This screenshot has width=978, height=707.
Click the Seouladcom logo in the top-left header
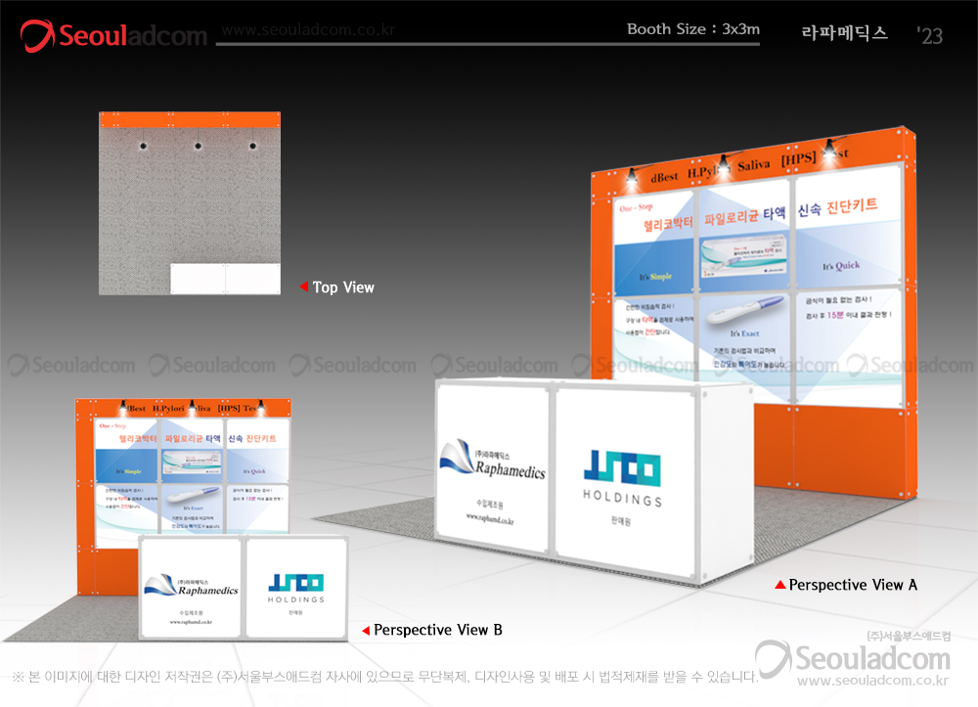(x=114, y=36)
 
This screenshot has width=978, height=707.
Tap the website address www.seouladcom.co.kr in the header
(x=307, y=30)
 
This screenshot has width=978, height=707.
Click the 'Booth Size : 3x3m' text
(x=693, y=29)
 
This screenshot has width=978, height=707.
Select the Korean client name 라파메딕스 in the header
(x=844, y=32)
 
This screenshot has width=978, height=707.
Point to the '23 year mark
(x=930, y=36)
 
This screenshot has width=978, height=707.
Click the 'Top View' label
(x=343, y=287)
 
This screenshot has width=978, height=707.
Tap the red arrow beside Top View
(x=304, y=287)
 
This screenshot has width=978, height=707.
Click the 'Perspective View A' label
(x=853, y=585)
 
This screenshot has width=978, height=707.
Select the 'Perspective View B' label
(x=438, y=631)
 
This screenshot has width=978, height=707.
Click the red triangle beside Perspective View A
(x=779, y=585)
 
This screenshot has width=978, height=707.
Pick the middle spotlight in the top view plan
(x=198, y=147)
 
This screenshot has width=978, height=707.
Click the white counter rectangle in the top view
(x=225, y=279)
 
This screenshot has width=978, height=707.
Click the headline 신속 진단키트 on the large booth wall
(x=837, y=207)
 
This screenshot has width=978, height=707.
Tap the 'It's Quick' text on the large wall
(x=840, y=266)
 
